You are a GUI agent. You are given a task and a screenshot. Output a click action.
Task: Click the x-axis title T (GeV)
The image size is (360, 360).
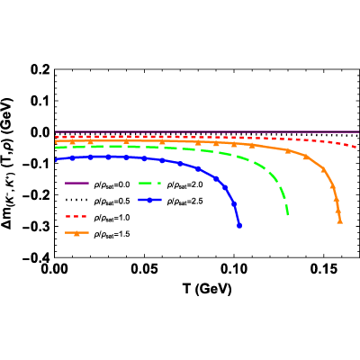pyautogui.click(x=207, y=289)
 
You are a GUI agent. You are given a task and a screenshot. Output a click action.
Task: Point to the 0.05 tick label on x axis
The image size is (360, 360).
pyautogui.click(x=144, y=269)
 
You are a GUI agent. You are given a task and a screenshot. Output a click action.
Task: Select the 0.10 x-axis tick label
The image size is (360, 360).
pyautogui.click(x=233, y=269)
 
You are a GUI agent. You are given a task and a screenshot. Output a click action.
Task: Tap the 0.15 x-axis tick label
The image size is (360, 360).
pyautogui.click(x=323, y=269)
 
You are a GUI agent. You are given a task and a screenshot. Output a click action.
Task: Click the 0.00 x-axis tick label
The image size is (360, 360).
pyautogui.click(x=55, y=269)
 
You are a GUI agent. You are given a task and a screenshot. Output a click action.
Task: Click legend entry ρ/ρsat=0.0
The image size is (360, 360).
pyautogui.click(x=97, y=184)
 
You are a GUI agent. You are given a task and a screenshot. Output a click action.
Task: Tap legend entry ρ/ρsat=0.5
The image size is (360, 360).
pyautogui.click(x=97, y=201)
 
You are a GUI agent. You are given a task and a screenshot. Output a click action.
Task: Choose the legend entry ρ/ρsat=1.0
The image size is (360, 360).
pyautogui.click(x=97, y=217)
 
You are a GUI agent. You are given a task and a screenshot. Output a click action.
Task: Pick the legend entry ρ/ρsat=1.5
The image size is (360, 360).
pyautogui.click(x=97, y=234)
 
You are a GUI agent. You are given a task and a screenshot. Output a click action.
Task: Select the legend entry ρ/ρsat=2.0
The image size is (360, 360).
pyautogui.click(x=170, y=184)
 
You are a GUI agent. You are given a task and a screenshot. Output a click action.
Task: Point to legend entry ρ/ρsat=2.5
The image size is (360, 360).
pyautogui.click(x=170, y=201)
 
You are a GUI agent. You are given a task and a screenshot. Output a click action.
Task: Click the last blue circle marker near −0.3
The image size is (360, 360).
pyautogui.click(x=239, y=226)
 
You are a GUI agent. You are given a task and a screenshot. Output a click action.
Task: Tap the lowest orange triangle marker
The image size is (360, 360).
pyautogui.click(x=340, y=221)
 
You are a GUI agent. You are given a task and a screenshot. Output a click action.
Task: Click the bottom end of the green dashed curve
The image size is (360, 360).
pyautogui.click(x=288, y=214)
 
